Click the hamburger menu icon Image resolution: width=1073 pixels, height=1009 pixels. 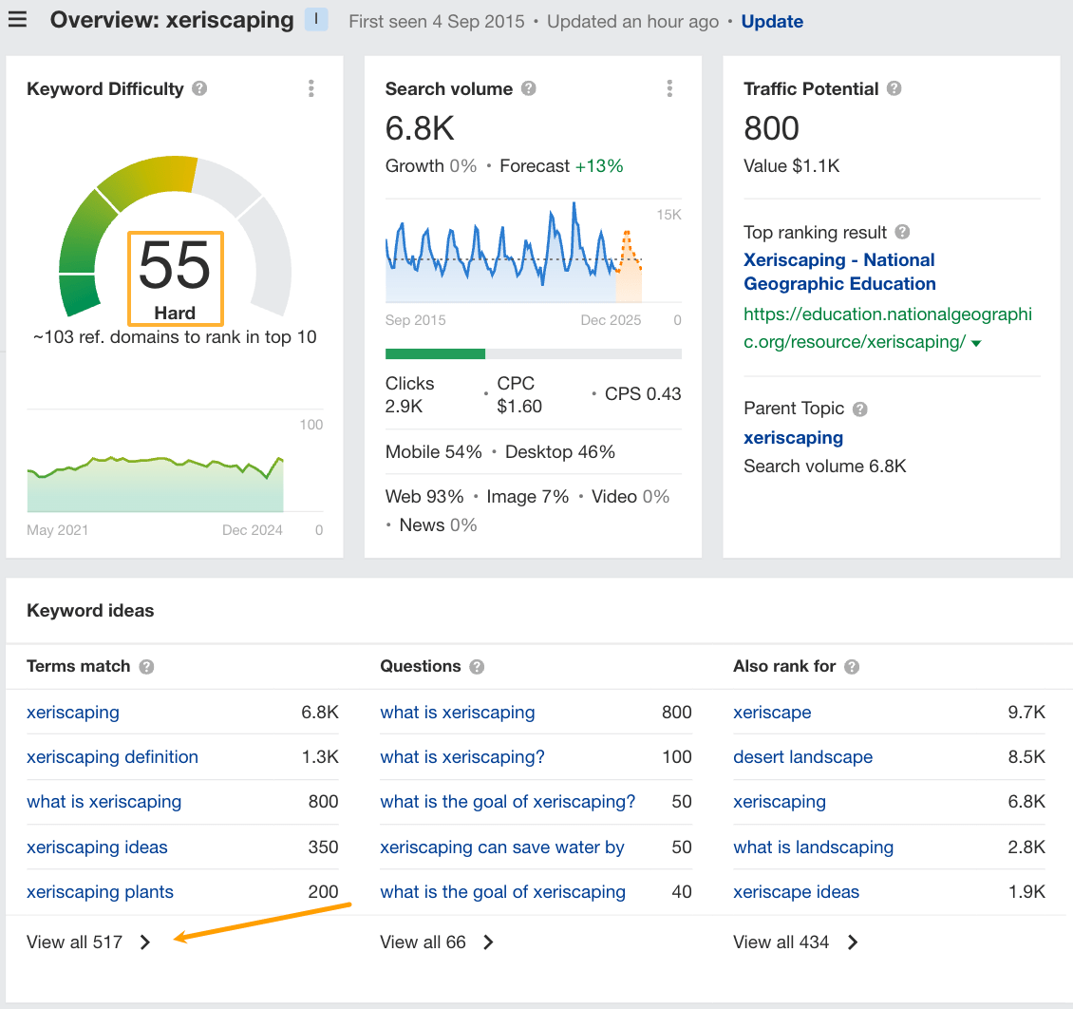tap(17, 20)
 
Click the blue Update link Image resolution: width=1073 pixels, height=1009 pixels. tap(772, 21)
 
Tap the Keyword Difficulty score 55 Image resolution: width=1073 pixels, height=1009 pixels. tap(175, 267)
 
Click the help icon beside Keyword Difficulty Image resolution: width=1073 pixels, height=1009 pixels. tap(199, 88)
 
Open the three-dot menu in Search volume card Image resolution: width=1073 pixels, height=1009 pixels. tap(669, 88)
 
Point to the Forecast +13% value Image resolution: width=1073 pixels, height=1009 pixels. tap(599, 166)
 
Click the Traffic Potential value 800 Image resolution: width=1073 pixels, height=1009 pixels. tap(771, 128)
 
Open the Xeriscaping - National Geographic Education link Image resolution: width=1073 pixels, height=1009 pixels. tap(839, 272)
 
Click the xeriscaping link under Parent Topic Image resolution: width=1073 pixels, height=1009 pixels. tap(793, 438)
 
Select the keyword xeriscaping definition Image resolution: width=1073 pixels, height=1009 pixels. tap(112, 757)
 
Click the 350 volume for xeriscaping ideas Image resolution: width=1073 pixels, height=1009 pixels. tap(323, 847)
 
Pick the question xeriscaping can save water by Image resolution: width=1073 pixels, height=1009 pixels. tap(502, 847)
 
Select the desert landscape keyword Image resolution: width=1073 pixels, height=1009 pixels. tap(802, 757)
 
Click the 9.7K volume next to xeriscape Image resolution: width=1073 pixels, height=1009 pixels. tap(1026, 713)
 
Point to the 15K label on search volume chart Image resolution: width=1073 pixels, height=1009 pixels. tap(668, 216)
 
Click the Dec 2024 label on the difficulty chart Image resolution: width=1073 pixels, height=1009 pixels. tap(253, 530)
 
